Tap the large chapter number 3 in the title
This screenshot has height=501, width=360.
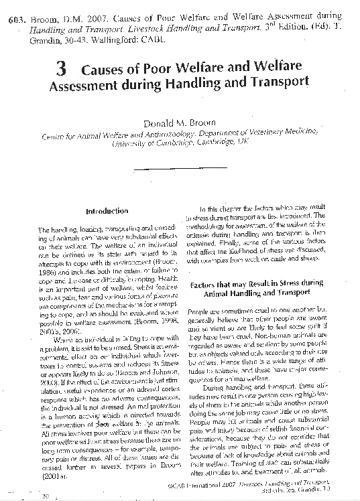click(61, 69)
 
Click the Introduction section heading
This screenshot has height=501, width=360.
click(107, 211)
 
